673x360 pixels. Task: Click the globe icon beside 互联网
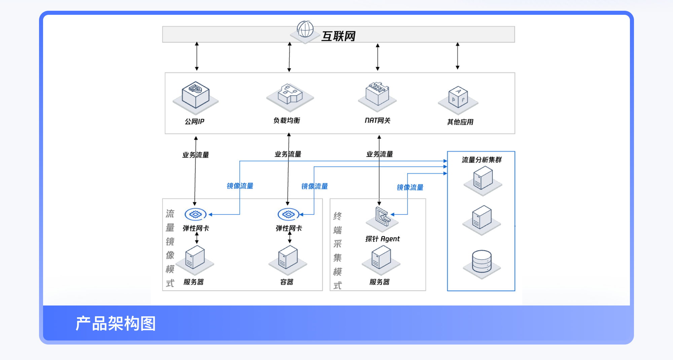pos(305,29)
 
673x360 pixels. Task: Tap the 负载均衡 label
pos(287,120)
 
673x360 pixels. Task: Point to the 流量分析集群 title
pos(482,160)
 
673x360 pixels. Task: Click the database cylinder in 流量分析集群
pos(482,261)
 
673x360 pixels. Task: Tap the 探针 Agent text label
pos(383,239)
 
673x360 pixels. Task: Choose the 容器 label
pos(287,282)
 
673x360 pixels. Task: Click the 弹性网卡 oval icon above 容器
pos(288,214)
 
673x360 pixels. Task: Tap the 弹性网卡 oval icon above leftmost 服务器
pos(196,214)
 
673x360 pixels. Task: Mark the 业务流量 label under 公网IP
pos(196,155)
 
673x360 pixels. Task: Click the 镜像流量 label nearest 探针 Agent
pos(410,187)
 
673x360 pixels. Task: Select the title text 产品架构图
pos(115,324)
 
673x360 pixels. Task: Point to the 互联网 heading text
pos(339,36)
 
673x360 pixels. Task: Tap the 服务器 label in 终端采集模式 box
pos(379,282)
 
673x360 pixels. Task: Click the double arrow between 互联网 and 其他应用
pos(457,56)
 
